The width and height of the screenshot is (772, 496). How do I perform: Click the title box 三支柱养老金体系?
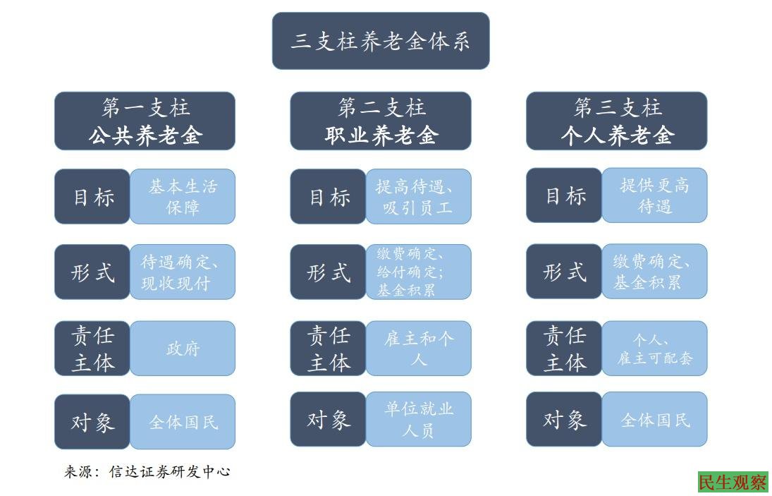tap(381, 41)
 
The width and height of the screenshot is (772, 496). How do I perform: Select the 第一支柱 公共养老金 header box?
tap(145, 121)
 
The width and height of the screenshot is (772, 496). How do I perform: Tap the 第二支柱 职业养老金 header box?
tap(381, 121)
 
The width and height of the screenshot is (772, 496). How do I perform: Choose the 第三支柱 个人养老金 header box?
tap(616, 121)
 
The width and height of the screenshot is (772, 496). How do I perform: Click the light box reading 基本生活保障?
tap(183, 196)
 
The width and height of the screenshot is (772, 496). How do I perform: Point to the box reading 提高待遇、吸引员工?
tap(418, 196)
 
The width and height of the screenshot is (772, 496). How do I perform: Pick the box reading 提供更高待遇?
tap(654, 195)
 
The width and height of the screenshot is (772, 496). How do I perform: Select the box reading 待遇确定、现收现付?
tap(183, 272)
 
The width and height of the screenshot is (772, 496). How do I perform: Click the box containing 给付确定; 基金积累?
tap(418, 272)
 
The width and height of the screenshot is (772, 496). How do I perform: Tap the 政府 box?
tap(183, 349)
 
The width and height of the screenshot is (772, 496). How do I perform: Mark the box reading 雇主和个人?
tap(418, 349)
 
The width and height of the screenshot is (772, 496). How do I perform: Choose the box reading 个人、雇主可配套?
tap(654, 348)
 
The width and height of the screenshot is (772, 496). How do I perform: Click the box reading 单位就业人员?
tap(418, 419)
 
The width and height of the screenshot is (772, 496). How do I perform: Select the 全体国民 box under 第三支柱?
tap(654, 420)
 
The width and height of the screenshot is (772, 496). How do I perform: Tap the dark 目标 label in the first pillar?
tap(92, 196)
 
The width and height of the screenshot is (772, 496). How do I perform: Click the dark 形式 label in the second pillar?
tap(329, 272)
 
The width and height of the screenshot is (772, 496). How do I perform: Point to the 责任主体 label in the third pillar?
tap(564, 348)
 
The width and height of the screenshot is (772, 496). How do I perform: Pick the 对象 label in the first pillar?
tap(92, 422)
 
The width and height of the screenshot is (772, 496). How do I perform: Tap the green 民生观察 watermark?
tap(733, 482)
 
